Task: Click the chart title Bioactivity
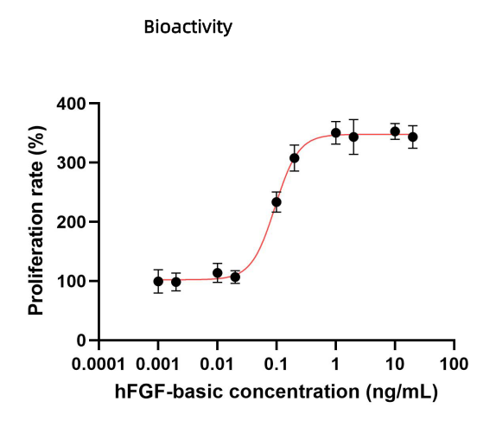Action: coord(188,28)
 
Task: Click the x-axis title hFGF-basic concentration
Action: coord(277,392)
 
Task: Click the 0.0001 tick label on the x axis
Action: coord(99,361)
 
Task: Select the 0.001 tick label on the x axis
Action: coord(158,361)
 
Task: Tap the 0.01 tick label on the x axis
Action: coord(218,361)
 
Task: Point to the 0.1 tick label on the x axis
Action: coord(277,361)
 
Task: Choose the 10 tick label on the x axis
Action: coord(395,361)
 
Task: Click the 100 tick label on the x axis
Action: coord(454,361)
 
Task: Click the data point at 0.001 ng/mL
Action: coord(158,281)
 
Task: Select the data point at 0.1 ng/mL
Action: coord(277,202)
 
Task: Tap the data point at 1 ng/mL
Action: coord(335,133)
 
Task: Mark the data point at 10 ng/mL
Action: coord(395,132)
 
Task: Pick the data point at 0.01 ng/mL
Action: coord(218,272)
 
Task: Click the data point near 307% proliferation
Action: coord(295,158)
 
